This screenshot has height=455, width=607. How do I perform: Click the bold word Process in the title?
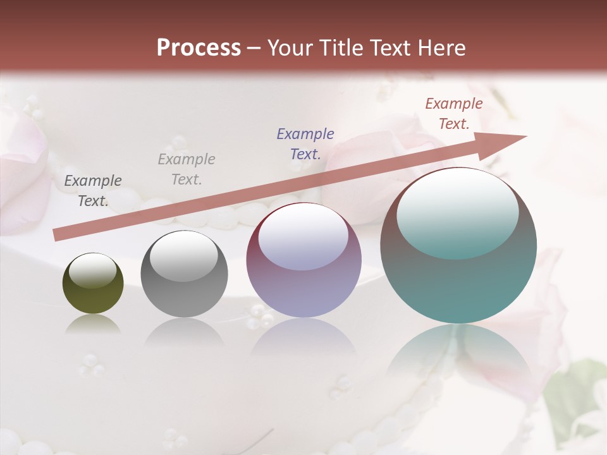pyautogui.click(x=199, y=48)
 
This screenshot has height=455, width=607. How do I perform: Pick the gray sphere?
pyautogui.click(x=184, y=274)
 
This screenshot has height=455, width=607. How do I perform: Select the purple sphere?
pyautogui.click(x=303, y=260)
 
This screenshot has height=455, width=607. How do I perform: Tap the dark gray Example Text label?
pyautogui.click(x=93, y=191)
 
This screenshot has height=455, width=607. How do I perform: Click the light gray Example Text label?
pyautogui.click(x=187, y=169)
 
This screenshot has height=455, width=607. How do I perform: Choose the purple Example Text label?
pyautogui.click(x=305, y=143)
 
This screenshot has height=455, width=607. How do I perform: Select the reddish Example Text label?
pyautogui.click(x=454, y=114)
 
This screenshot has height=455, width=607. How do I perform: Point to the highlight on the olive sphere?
pyautogui.click(x=92, y=270)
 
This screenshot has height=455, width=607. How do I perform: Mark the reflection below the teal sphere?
pyautogui.click(x=458, y=354)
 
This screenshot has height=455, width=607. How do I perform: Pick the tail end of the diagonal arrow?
pyautogui.click(x=58, y=235)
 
